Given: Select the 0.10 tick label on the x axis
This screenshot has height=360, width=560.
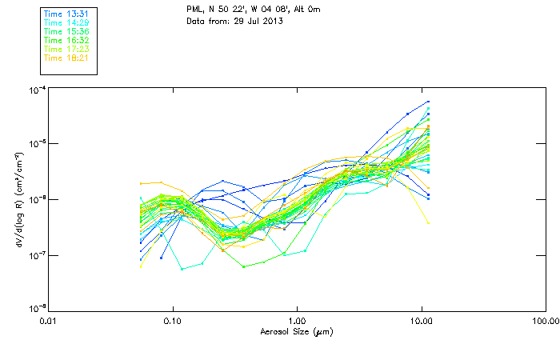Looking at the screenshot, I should tap(173, 322).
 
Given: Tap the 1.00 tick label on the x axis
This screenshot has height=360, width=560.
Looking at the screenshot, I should tap(297, 322).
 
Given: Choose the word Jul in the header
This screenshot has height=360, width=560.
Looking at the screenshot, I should tap(259, 21).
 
